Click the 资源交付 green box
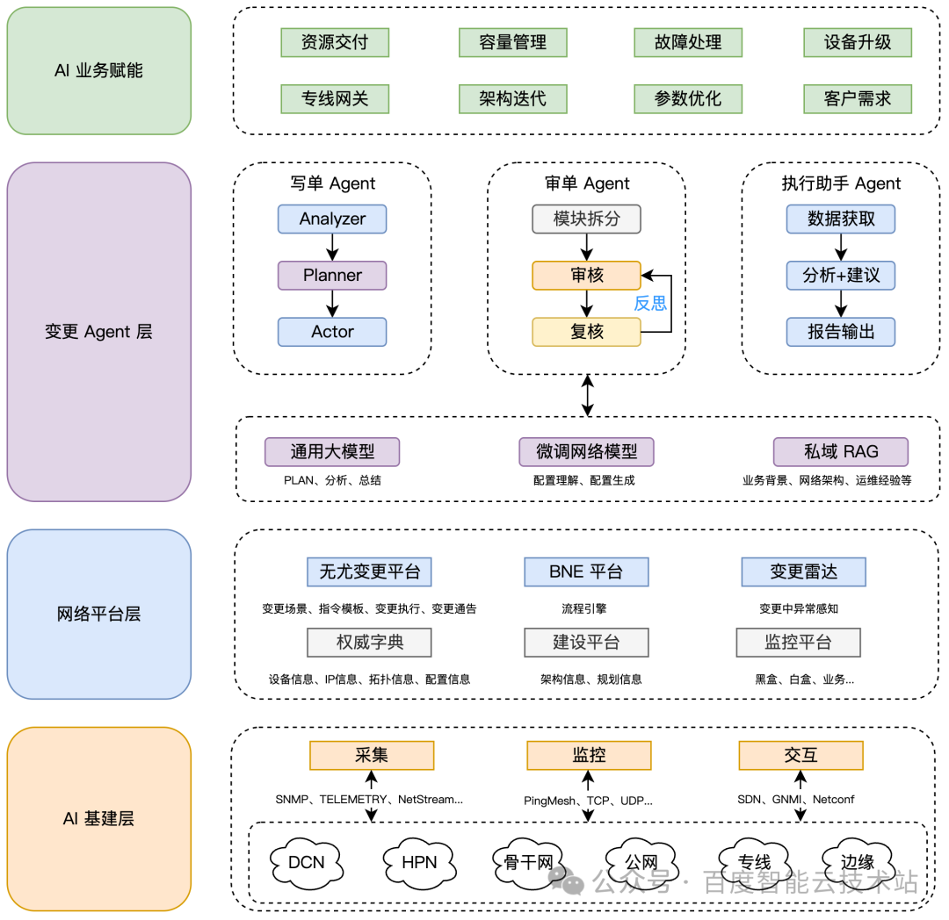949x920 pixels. pos(335,42)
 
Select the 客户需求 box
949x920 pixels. pos(858,98)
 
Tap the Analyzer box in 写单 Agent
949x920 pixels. pos(332,219)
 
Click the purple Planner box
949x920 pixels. pos(332,276)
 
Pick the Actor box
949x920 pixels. pos(332,332)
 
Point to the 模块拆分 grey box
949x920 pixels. pos(586,219)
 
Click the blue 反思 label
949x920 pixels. pos(650,304)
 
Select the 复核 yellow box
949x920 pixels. pos(586,332)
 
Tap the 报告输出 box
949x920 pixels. pos(841,332)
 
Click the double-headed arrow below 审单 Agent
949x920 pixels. pos(587,395)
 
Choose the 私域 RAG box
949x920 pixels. pos(841,452)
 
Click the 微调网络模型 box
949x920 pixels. pos(586,452)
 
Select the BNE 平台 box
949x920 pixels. pos(586,571)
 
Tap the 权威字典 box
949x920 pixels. pos(369,643)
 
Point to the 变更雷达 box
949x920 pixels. pos(804,571)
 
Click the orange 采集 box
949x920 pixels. pos(372,756)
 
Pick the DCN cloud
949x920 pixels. pos(307,863)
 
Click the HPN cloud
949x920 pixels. pos(419,863)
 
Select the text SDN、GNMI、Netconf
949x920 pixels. pos(796,800)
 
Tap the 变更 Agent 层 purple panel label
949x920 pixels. pos(98,332)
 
